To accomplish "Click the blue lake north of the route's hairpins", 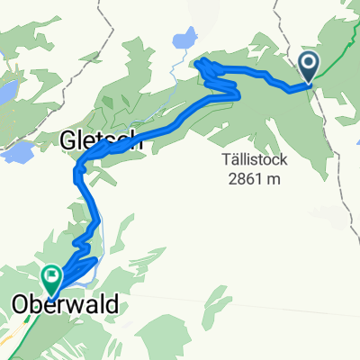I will [183, 40].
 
